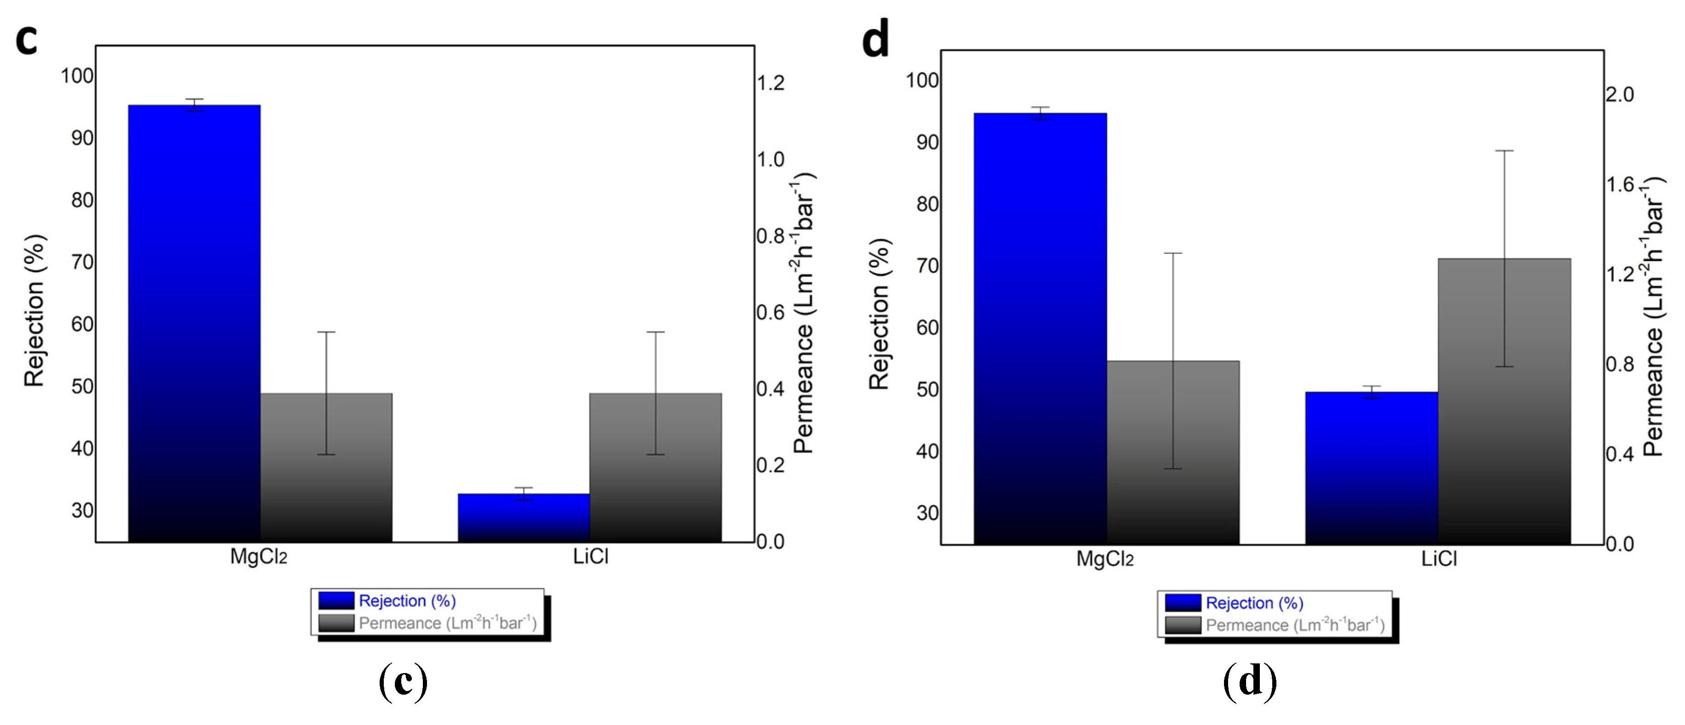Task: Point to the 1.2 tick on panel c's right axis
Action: [x=770, y=83]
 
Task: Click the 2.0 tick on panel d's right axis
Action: [x=1620, y=95]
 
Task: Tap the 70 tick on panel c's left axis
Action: [x=82, y=263]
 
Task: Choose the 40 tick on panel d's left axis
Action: [x=928, y=451]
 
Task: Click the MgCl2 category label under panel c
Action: [x=258, y=557]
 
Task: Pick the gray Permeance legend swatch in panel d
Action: [x=1183, y=625]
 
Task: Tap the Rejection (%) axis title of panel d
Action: [x=879, y=314]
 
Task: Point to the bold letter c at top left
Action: [x=26, y=39]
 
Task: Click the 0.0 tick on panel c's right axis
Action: [x=770, y=542]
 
